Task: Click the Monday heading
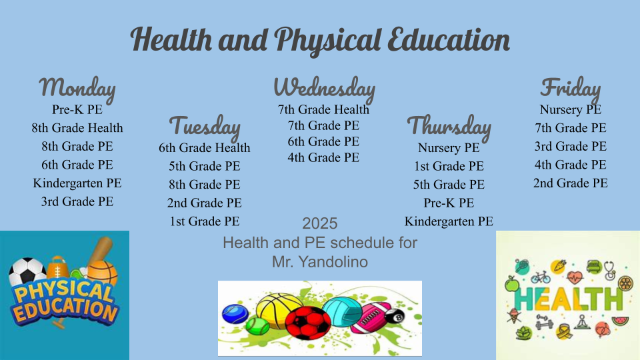[x=77, y=89]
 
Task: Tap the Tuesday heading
[x=205, y=127]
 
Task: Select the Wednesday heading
[x=324, y=89]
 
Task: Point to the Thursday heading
[x=449, y=127]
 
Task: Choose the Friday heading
[x=571, y=89]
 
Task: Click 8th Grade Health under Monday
[x=77, y=128]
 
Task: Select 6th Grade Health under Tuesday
[x=205, y=148]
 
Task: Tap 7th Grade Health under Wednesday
[x=324, y=110]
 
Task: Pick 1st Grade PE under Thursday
[x=449, y=166]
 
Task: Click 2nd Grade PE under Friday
[x=571, y=183]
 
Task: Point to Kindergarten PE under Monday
[x=77, y=183]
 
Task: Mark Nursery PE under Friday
[x=571, y=110]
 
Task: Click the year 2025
[x=320, y=224]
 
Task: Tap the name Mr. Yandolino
[x=320, y=262]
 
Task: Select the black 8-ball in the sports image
[x=395, y=317]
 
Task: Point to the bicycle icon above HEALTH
[x=541, y=277]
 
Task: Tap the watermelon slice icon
[x=621, y=321]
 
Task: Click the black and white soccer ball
[x=27, y=271]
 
